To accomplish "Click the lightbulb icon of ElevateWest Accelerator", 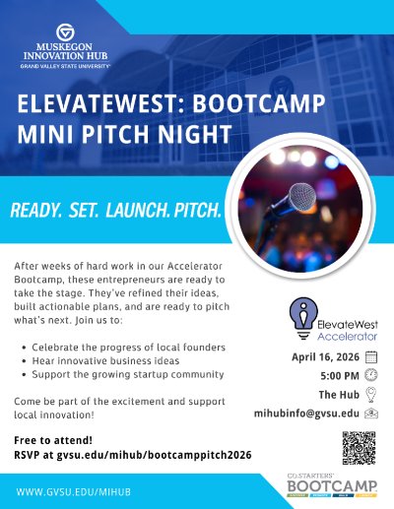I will coord(295,318).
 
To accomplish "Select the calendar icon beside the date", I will coord(371,358).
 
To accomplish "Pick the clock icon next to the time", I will coord(371,376).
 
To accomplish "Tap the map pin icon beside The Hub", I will coord(371,395).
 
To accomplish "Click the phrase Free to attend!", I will coord(51,440).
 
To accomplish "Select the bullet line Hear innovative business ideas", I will coord(110,361).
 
